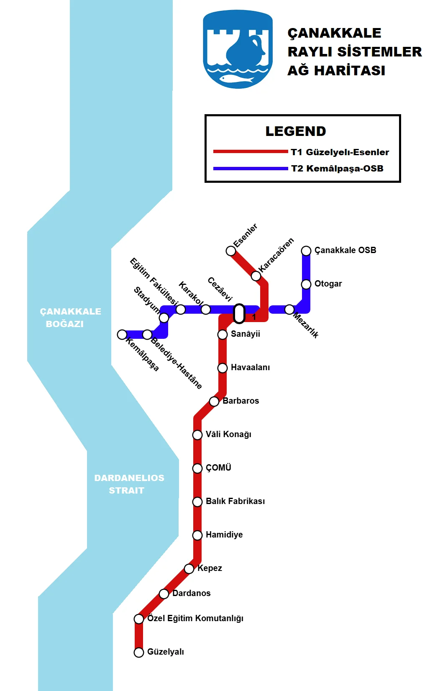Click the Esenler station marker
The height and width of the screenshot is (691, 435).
tap(230, 251)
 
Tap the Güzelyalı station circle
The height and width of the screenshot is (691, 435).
tap(139, 652)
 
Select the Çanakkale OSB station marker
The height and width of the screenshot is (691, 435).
tap(306, 251)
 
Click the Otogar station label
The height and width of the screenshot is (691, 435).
tap(328, 284)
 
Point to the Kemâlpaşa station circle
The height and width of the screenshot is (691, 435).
tap(122, 335)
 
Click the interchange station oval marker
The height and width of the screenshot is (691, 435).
tap(239, 314)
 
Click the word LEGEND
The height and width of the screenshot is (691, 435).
tap(295, 131)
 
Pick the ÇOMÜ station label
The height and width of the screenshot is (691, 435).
tap(218, 468)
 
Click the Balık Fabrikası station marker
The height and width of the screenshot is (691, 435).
tap(197, 502)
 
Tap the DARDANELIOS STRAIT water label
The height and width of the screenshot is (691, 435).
tap(129, 484)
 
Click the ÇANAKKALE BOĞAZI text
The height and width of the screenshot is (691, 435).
tap(70, 317)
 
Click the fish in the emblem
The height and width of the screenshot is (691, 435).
tap(237, 79)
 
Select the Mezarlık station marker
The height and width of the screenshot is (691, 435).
tap(289, 310)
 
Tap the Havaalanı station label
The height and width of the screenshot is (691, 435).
tap(250, 368)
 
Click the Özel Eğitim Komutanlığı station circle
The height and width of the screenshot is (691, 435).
tap(139, 619)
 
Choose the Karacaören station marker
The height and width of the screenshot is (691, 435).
tap(256, 276)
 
